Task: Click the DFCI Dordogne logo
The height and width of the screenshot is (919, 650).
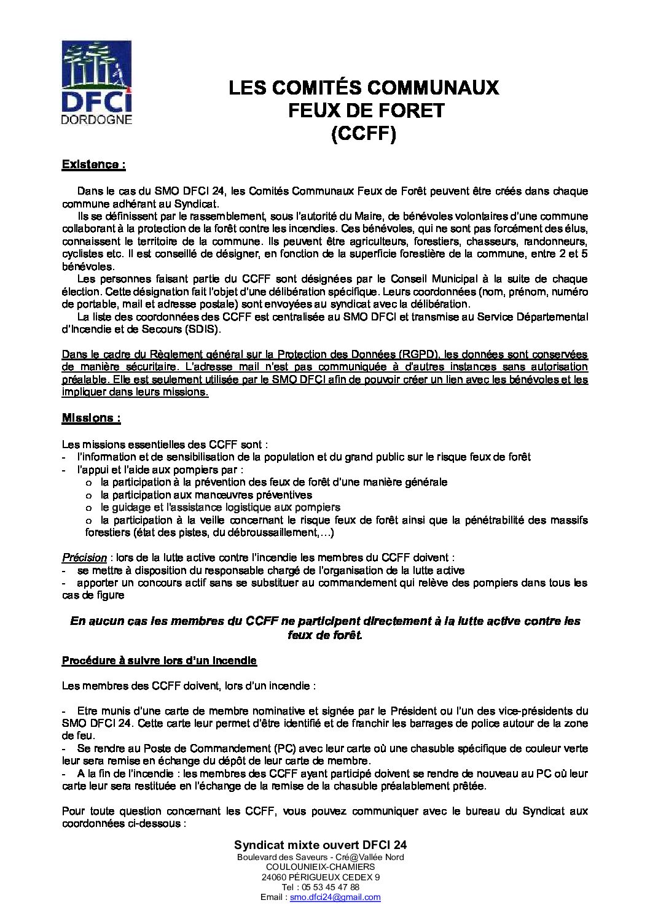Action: (97, 82)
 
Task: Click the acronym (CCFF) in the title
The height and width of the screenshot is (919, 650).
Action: (363, 133)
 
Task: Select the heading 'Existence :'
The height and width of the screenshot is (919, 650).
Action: (93, 165)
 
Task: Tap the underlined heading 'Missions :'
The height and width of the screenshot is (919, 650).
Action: (91, 418)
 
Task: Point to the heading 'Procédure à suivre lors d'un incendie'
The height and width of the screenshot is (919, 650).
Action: (159, 661)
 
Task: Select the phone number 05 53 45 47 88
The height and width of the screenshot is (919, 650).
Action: (329, 887)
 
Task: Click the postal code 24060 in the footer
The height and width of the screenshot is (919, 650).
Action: (273, 877)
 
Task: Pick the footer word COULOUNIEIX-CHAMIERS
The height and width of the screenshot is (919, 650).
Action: (321, 867)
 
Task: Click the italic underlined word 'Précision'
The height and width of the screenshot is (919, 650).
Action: (84, 557)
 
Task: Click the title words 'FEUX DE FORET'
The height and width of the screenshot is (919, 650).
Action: (363, 111)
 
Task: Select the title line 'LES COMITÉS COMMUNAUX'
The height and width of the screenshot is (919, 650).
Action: (364, 88)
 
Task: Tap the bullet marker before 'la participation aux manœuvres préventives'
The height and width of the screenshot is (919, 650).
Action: (88, 495)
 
